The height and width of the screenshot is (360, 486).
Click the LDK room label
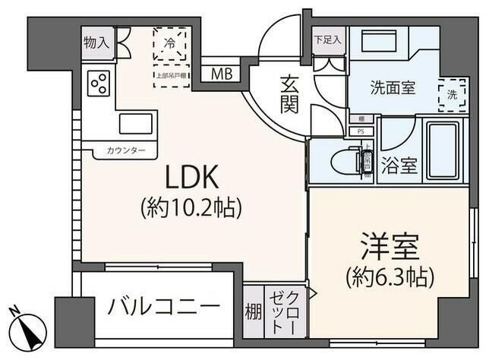click(193, 178)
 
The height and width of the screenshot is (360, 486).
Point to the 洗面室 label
click(392, 87)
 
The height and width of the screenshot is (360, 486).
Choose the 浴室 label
click(399, 166)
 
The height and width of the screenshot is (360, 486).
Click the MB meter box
click(222, 74)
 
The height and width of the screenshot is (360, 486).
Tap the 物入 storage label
click(96, 43)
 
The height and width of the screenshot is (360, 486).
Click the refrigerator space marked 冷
click(170, 44)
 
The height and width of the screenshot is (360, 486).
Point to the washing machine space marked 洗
click(452, 95)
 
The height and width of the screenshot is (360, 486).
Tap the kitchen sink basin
click(137, 123)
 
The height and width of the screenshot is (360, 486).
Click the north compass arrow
click(29, 328)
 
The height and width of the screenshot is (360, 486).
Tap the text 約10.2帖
click(193, 207)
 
